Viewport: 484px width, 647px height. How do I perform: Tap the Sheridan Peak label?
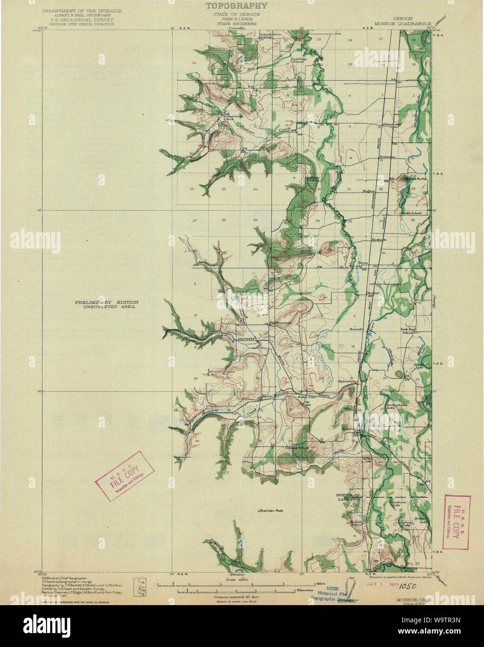[270, 511]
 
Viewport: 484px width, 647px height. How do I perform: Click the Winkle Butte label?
[415, 178]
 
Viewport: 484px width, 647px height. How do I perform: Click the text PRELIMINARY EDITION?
[107, 303]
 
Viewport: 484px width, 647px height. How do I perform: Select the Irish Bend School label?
[408, 330]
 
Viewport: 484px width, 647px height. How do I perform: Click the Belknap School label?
[298, 448]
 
